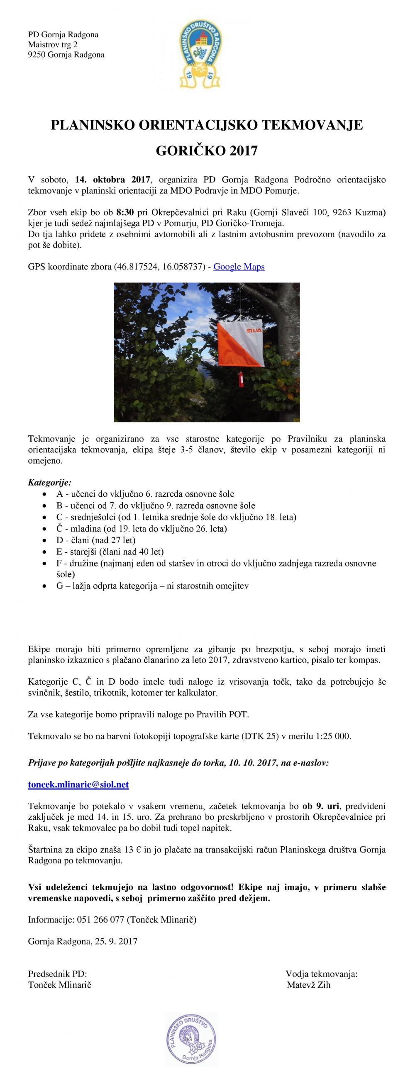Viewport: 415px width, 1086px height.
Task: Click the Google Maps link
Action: pos(239,267)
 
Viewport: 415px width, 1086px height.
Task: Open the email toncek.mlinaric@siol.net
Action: pos(78,784)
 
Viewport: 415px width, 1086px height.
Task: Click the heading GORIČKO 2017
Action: pos(207,151)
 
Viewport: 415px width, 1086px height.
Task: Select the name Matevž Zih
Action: pos(308,985)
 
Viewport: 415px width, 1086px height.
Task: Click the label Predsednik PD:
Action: pos(57,974)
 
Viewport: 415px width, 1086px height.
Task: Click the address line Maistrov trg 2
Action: pos(53,45)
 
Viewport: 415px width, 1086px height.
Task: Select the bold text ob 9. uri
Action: pos(321,806)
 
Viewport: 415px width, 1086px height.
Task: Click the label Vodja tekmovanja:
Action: pos(321,974)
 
